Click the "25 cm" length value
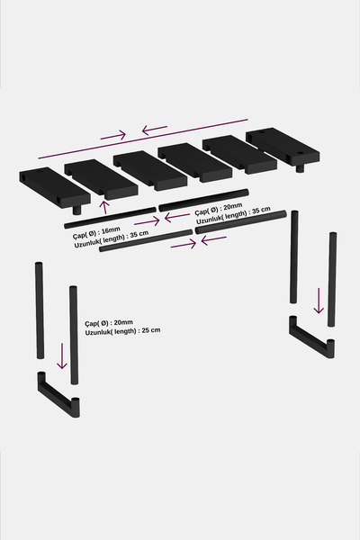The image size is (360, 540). pos(151,330)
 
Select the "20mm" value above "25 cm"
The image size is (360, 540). pos(123,323)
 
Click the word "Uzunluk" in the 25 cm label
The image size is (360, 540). pos(97,332)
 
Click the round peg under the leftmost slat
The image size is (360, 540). pos(77,210)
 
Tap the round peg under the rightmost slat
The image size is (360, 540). pos(301,168)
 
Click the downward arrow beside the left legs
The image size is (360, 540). pos(62,356)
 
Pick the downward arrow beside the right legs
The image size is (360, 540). pos(319,301)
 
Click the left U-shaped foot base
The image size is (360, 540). pos(58,395)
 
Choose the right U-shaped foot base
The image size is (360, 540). pos(311,338)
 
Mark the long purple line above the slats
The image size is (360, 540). pos(143,139)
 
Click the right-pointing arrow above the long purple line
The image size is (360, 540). pos(113,135)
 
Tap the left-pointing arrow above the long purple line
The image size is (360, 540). pos(155,130)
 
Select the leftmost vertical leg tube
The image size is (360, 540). pos(40,310)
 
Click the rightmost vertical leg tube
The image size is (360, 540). pos(332,279)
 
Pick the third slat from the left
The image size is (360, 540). pos(150,170)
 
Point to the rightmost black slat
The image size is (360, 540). pos(283,147)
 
